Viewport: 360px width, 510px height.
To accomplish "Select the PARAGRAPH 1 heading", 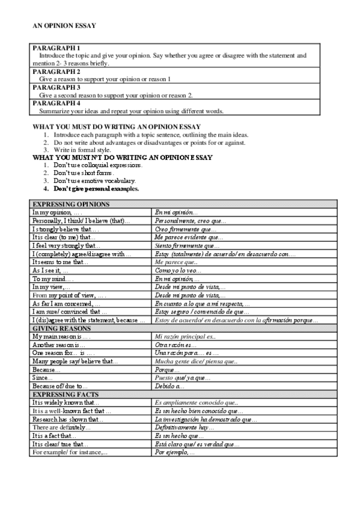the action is click(x=56, y=48).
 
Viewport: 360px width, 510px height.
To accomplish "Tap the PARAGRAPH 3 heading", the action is click(x=56, y=87).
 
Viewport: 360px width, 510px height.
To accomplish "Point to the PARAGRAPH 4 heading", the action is click(x=56, y=103).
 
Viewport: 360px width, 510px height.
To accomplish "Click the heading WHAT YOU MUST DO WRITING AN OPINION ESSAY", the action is click(x=115, y=127).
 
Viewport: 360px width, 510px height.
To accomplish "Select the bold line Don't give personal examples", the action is click(x=96, y=188).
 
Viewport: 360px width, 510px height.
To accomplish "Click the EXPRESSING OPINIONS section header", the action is click(x=71, y=204).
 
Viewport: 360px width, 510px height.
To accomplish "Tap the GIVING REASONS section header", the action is click(x=63, y=328).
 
